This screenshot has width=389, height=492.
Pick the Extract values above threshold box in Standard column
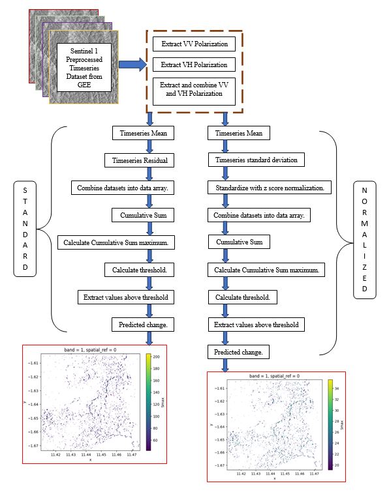(x=125, y=297)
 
